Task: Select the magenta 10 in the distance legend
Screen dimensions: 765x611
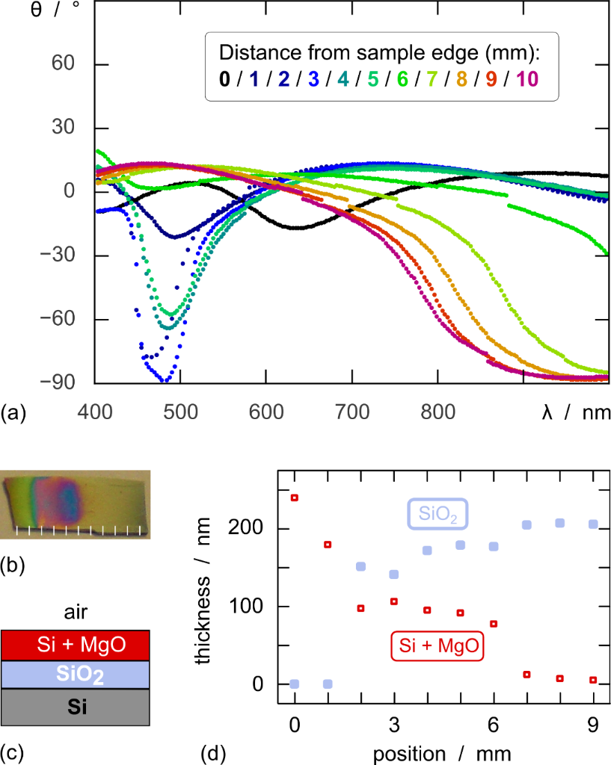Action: pyautogui.click(x=525, y=79)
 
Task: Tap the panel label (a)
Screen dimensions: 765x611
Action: pyautogui.click(x=14, y=412)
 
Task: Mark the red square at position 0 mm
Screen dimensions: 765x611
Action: pyautogui.click(x=295, y=497)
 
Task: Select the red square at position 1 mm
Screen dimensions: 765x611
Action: pyautogui.click(x=327, y=544)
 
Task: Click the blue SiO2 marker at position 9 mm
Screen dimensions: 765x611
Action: pyautogui.click(x=593, y=524)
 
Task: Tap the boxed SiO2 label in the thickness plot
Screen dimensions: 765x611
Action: pyautogui.click(x=437, y=515)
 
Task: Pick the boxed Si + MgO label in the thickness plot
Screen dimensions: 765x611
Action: pyautogui.click(x=437, y=645)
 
